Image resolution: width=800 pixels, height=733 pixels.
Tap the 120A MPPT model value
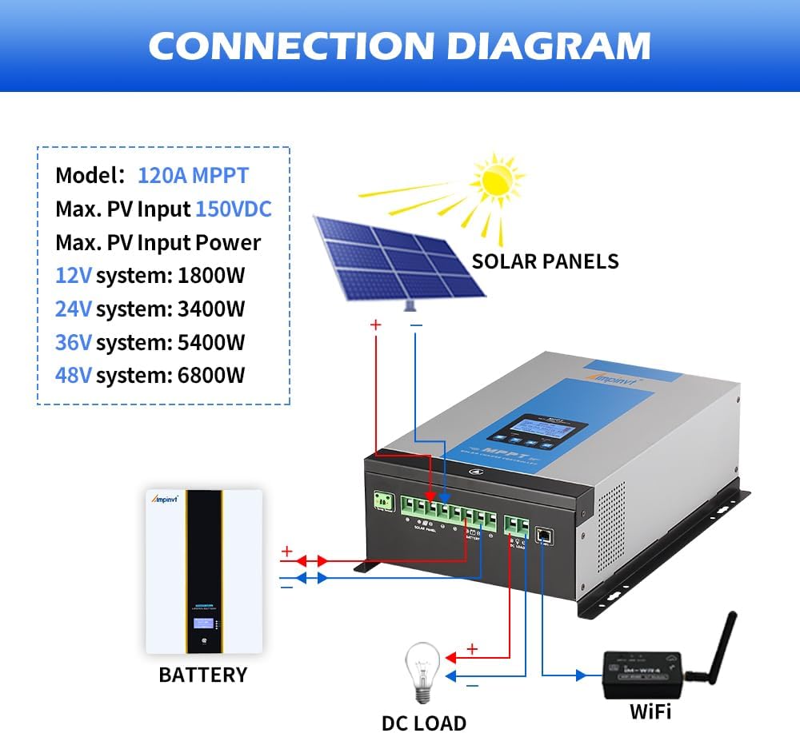(193, 175)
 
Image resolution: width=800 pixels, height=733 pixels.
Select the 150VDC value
(234, 209)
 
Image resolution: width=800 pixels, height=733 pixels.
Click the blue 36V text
(73, 342)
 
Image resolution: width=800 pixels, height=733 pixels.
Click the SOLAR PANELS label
(545, 261)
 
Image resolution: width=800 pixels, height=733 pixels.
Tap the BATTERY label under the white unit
(203, 675)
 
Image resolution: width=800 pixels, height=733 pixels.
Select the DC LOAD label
(423, 723)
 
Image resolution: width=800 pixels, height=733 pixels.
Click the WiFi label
(650, 711)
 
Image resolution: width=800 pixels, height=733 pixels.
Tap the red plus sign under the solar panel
(375, 325)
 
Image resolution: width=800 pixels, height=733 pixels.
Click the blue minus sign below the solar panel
(415, 325)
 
